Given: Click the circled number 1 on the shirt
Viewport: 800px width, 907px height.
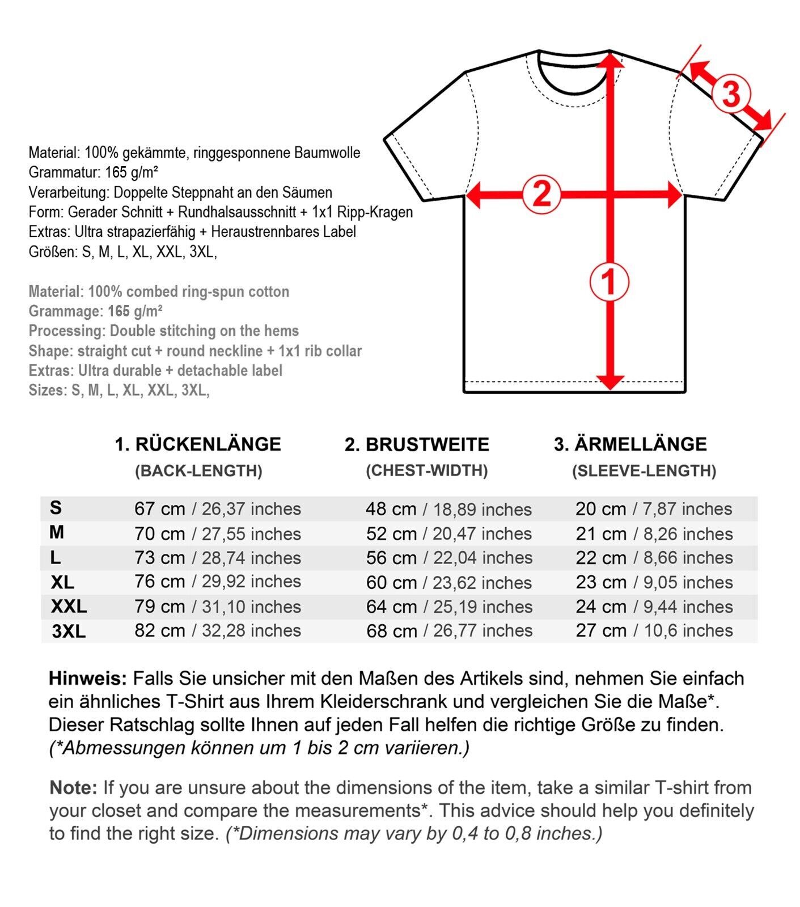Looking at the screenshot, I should click(x=609, y=282).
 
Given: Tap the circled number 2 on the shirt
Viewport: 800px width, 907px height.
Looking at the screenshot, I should click(x=541, y=194).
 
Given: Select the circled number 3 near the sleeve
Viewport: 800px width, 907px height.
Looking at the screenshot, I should click(x=731, y=94).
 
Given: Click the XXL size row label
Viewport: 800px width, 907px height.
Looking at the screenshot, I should click(x=69, y=607).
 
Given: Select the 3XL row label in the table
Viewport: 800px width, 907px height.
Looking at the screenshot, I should click(x=69, y=631).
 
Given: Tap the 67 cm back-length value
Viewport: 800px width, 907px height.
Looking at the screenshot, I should click(x=159, y=509).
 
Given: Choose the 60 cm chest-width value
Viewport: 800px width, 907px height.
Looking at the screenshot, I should click(x=391, y=583).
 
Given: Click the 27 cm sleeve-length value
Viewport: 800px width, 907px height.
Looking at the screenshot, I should click(x=601, y=630).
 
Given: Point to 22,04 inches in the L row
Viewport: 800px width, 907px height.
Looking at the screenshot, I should click(x=482, y=558).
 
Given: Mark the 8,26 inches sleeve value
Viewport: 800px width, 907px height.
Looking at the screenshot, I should click(x=688, y=534).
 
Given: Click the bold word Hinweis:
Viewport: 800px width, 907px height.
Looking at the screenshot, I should click(x=88, y=679).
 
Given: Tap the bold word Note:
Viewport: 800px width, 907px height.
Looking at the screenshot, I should click(x=73, y=788).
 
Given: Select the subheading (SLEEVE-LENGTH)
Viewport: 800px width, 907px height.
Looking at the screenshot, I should click(x=644, y=471).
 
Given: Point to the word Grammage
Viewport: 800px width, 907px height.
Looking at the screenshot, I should click(x=64, y=311).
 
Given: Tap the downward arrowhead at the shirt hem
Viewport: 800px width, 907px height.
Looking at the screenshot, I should click(x=610, y=383).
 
